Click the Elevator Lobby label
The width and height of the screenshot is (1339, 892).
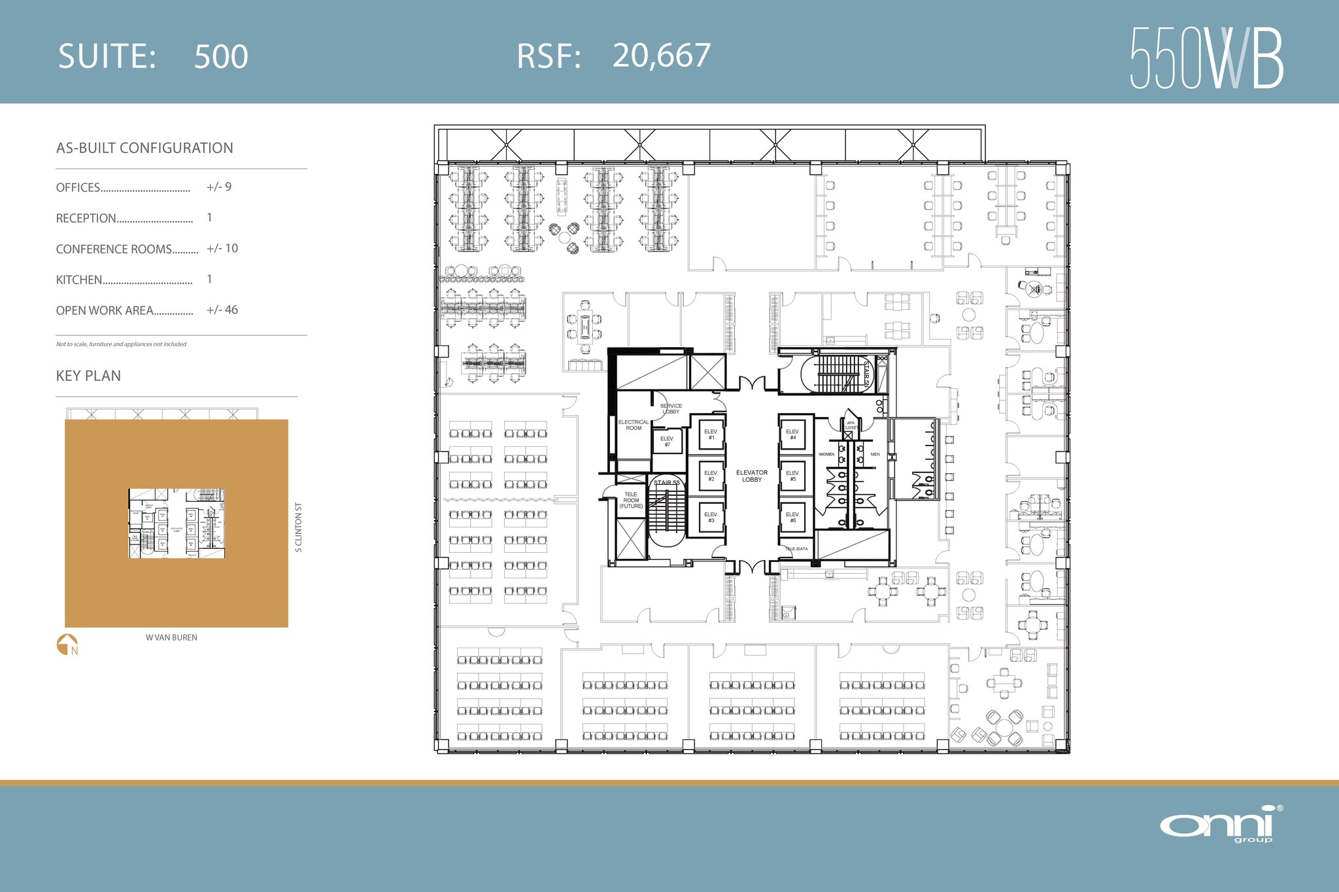coord(752,476)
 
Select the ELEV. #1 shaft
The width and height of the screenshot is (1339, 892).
coord(711,435)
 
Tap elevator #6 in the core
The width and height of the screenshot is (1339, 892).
coord(792,517)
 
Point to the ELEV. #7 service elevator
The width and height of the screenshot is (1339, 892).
coord(667,442)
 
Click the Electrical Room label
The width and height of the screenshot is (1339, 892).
coord(633,425)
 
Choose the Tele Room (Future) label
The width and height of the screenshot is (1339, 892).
coord(631,500)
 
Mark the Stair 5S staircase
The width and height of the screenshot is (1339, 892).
coord(667,516)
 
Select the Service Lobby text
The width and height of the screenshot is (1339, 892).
coord(671,408)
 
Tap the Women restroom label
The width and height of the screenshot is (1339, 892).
coord(826,454)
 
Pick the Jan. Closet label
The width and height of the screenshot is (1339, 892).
coord(851,425)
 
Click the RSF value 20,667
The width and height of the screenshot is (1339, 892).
coord(661,56)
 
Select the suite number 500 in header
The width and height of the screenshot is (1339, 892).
coord(221,57)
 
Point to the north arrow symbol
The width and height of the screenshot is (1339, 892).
coord(67,644)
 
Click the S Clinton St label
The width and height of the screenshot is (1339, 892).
coord(298,527)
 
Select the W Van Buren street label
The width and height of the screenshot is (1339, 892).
coord(171,637)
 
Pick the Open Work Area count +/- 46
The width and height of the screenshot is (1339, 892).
coord(222,310)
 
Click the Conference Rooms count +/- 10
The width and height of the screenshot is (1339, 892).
coord(222,248)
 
